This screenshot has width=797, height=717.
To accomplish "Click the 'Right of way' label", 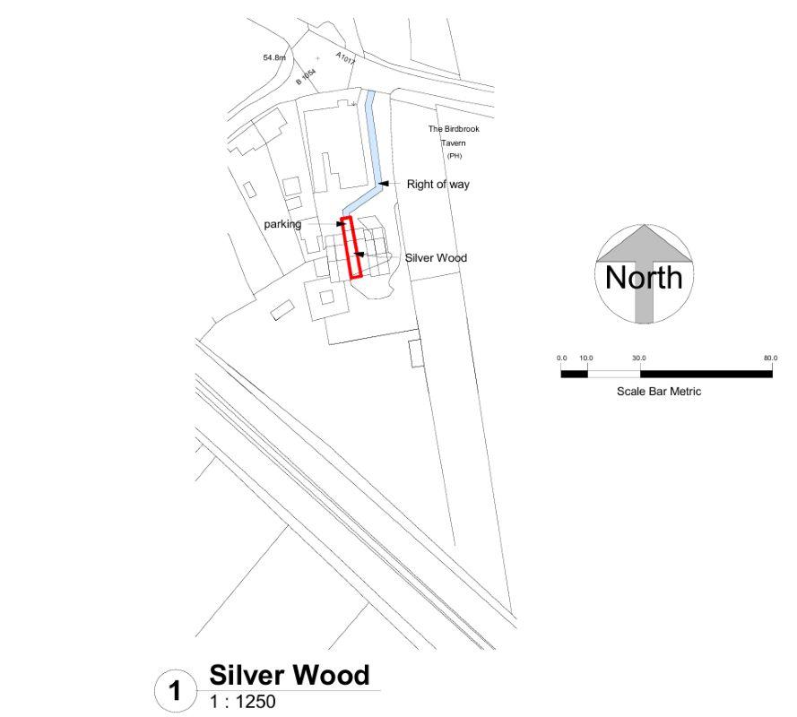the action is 437,185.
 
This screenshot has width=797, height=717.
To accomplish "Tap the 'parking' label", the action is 282,224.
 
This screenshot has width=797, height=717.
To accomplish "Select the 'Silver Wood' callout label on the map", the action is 436,258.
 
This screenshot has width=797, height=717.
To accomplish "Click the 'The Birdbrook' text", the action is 454,129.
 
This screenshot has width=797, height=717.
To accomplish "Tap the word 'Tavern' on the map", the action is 453,143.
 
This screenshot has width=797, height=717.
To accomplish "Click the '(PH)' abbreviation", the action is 455,156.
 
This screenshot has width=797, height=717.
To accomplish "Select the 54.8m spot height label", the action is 274,58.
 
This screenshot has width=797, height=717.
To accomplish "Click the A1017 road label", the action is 346,58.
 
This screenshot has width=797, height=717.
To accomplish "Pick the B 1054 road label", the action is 306,77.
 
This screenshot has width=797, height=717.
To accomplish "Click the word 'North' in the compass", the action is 644,278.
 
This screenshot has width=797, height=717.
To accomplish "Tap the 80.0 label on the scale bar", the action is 771,358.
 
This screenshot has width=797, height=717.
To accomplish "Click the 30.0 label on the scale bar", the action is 639,358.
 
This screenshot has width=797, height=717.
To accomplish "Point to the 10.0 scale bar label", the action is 586,358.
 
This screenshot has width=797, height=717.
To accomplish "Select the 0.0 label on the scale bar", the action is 561,358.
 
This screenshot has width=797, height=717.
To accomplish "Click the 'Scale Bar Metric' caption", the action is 659,392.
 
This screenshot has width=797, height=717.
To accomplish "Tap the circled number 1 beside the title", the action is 175,691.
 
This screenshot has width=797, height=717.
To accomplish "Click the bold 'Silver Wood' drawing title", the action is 290,676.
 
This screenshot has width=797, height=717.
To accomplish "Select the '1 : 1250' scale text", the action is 242,702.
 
